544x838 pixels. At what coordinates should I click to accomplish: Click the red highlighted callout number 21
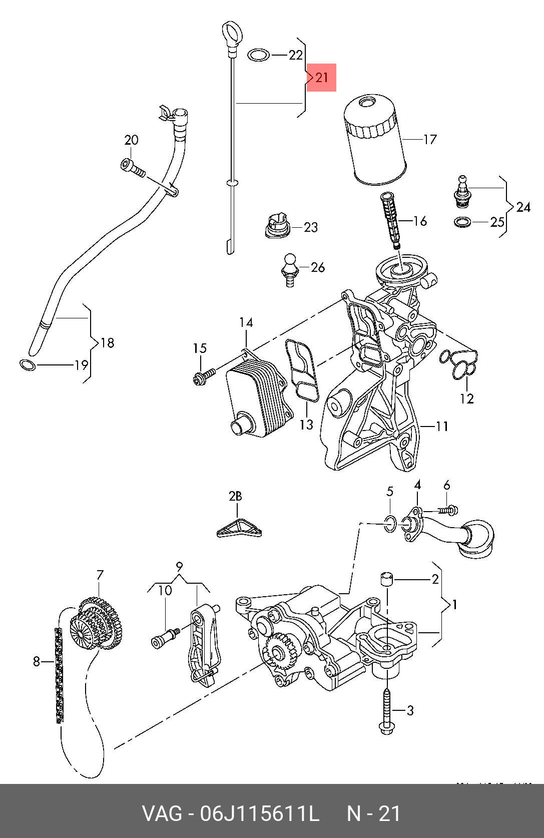[321, 78]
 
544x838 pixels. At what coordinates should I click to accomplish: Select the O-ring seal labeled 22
[259, 55]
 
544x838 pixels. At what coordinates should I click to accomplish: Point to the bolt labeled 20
[133, 168]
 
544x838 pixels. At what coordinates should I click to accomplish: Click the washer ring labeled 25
[462, 222]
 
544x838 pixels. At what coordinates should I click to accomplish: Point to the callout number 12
[467, 398]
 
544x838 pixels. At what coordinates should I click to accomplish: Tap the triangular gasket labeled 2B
[239, 528]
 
